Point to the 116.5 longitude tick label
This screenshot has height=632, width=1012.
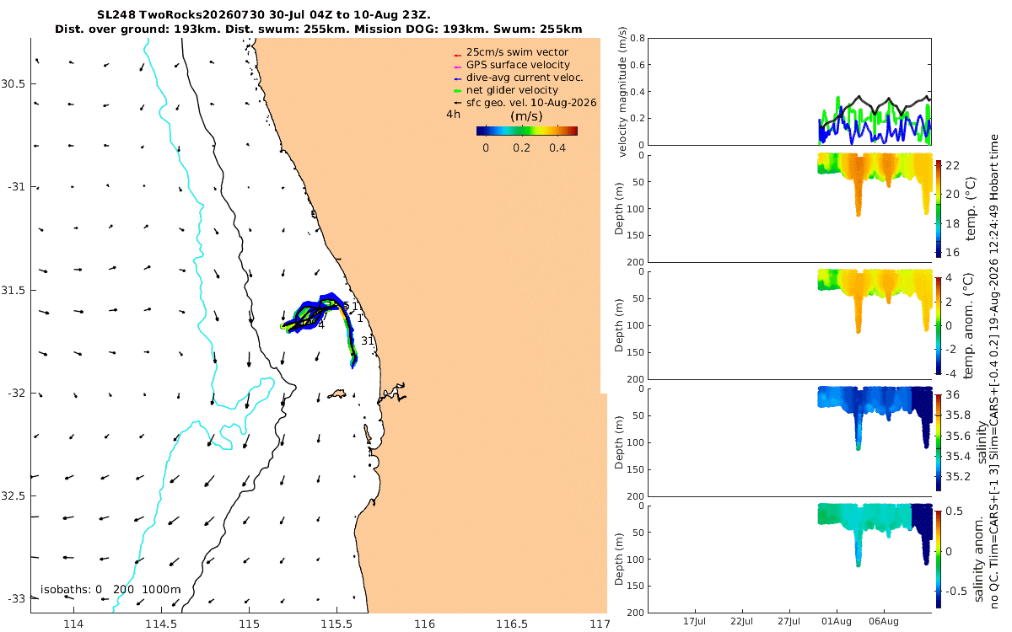pos(512,624)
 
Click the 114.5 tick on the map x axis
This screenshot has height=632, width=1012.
pos(161,624)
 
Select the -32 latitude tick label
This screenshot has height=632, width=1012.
pos(16,394)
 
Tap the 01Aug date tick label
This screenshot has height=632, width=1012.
pos(837,622)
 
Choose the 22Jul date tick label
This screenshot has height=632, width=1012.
pos(741,622)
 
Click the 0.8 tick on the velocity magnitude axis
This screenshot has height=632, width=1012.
pos(637,38)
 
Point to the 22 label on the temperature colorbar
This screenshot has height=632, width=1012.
pos(952,166)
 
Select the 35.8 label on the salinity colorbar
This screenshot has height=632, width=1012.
pos(958,415)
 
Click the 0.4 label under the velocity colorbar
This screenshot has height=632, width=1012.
pos(557,148)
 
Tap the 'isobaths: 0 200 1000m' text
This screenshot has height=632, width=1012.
pos(110,590)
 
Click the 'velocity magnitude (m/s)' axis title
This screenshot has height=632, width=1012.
pos(622,92)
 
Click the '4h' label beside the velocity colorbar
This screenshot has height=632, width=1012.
pos(453,115)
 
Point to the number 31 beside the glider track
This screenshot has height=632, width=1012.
pos(368,340)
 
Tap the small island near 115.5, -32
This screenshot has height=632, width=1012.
pos(336,394)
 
